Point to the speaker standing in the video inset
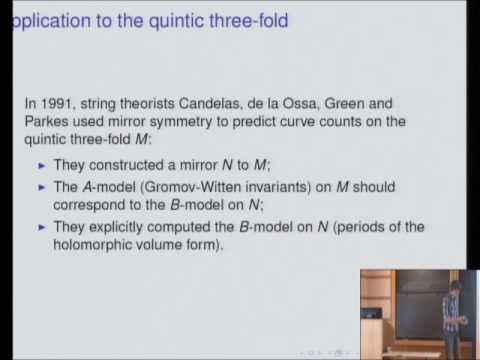[448, 300]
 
